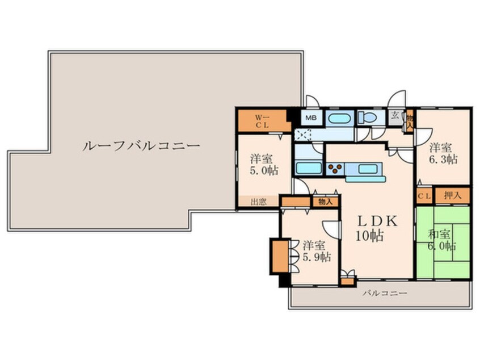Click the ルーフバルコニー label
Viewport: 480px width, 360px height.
pos(141,145)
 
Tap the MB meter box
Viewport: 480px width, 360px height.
pos(311,118)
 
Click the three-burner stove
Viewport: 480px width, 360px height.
pos(335,169)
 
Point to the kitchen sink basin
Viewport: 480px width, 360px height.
pos(368,169)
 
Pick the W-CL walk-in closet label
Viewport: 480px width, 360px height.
pos(262,121)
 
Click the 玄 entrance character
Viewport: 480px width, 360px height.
pos(395,116)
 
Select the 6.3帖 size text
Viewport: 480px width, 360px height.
pos(443,160)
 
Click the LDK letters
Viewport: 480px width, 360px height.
pos(378,221)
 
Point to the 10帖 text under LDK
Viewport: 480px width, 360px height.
pos(369,236)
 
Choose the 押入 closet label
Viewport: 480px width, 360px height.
pos(452,195)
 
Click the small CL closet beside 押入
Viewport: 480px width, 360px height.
pos(424,196)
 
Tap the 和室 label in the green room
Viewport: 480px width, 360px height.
pos(439,235)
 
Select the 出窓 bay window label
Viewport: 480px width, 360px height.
pos(258,202)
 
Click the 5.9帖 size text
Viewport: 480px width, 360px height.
pos(317,257)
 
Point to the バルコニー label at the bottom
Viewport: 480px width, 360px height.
pos(385,294)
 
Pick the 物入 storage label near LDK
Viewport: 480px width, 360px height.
pos(325,202)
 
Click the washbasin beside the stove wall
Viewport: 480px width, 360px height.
pos(309,168)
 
